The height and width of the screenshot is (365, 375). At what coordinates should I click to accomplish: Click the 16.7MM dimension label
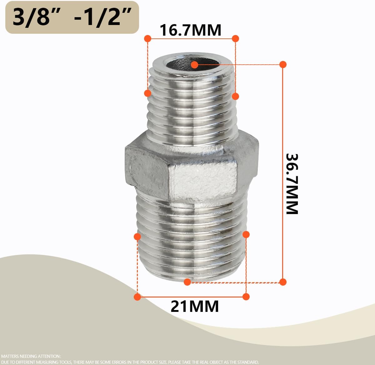[x=190, y=30]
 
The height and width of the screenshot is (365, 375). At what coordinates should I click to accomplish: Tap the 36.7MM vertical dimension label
[x=292, y=184]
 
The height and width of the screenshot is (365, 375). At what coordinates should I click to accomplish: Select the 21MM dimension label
[x=195, y=306]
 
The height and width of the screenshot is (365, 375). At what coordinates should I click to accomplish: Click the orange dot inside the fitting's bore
[x=195, y=65]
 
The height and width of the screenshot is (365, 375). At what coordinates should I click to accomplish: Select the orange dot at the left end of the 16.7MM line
[x=147, y=38]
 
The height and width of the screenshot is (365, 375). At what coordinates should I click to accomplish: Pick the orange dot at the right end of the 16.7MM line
[x=235, y=38]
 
